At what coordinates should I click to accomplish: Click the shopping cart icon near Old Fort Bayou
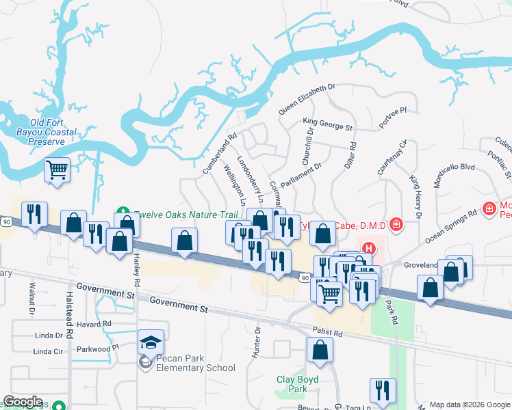click(57, 169)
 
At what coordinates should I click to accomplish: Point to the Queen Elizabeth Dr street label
click(307, 98)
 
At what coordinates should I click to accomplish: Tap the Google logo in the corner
click(23, 402)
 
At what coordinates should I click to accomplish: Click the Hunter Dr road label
click(258, 341)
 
